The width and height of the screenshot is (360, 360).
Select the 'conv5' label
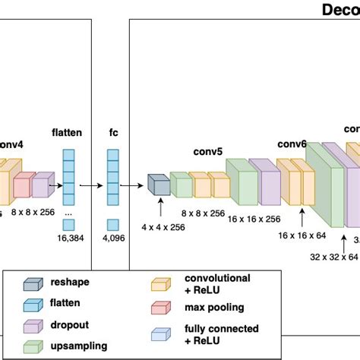(x=207, y=151)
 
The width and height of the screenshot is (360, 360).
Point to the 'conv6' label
(x=292, y=144)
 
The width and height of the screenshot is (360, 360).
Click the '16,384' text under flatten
(x=68, y=238)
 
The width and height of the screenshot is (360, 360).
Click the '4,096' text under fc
(x=113, y=238)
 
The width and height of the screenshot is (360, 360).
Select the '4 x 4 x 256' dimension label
(x=163, y=227)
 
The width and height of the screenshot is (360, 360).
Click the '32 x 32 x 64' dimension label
(x=332, y=257)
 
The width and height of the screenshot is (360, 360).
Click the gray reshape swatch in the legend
(x=33, y=282)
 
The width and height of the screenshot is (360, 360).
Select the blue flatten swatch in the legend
(x=33, y=303)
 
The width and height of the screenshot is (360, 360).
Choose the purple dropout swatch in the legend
(x=33, y=324)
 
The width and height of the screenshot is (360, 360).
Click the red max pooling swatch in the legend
(x=159, y=308)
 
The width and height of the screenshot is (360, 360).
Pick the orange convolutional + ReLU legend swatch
(x=159, y=283)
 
